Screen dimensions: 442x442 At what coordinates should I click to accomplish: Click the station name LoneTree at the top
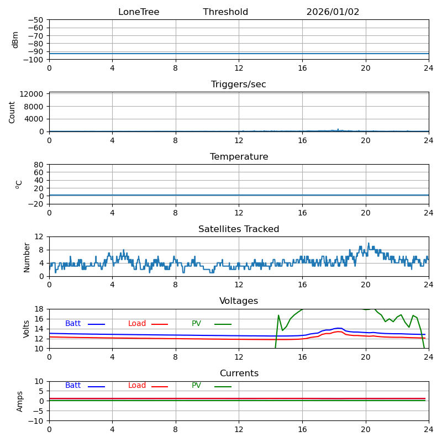(139, 12)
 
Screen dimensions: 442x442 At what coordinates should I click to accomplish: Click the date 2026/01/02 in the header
(333, 12)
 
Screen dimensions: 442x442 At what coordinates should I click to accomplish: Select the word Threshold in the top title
(225, 12)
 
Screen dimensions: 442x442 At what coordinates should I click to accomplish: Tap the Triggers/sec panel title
(239, 85)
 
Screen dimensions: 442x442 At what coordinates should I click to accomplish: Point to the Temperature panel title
(239, 157)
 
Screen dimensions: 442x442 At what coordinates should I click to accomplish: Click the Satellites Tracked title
(239, 229)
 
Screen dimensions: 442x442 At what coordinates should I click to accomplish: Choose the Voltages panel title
(239, 301)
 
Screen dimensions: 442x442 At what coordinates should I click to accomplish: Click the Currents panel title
(239, 373)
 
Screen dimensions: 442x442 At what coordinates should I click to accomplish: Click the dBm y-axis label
(15, 40)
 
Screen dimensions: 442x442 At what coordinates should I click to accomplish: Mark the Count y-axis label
(12, 112)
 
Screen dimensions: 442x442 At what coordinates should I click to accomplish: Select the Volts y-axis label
(27, 329)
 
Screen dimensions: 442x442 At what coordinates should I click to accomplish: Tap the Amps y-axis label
(20, 401)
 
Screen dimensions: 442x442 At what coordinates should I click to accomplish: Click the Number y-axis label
(27, 257)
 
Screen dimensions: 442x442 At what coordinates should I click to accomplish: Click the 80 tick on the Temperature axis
(39, 165)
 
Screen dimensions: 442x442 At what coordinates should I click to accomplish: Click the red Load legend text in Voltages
(137, 324)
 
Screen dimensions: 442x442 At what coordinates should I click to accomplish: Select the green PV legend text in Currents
(196, 386)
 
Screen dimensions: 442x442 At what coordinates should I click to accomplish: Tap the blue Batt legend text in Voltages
(73, 324)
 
